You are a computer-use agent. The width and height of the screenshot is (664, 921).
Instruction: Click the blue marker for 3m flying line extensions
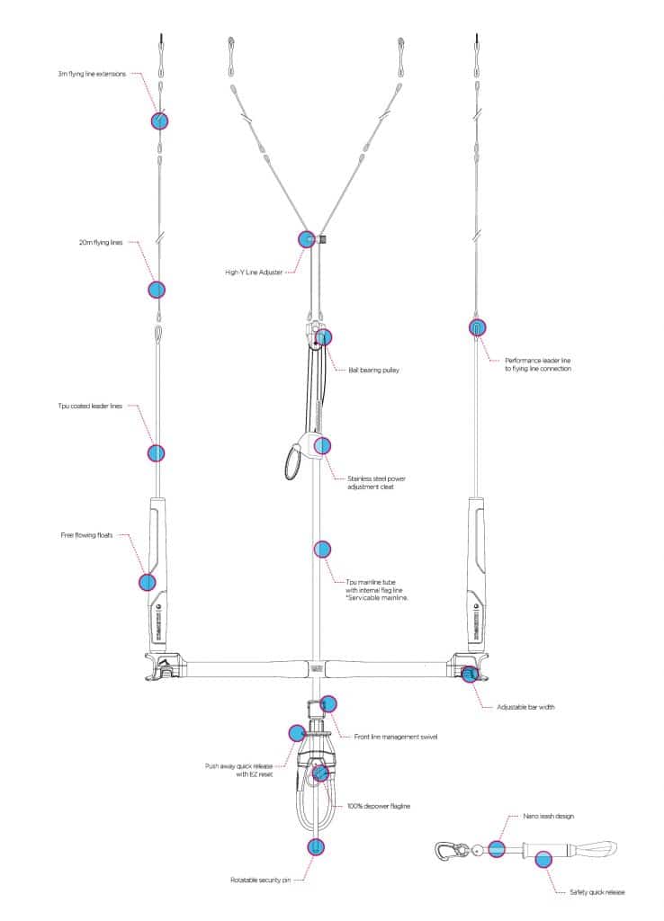click(x=159, y=121)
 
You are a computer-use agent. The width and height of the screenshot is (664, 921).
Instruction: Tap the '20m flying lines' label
click(x=101, y=243)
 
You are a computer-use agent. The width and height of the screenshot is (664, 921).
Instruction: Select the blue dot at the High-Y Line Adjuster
click(x=307, y=239)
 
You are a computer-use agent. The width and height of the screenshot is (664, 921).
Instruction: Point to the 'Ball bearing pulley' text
click(x=373, y=370)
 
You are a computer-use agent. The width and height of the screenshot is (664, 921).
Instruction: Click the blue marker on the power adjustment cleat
click(x=322, y=446)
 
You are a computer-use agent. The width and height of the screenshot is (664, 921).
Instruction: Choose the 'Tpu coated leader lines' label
click(x=90, y=406)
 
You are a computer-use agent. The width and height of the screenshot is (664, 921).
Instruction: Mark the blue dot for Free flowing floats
click(x=148, y=582)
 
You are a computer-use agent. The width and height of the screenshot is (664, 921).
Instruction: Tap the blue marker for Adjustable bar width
click(x=469, y=674)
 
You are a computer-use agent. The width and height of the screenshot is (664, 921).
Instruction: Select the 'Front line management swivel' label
click(x=396, y=737)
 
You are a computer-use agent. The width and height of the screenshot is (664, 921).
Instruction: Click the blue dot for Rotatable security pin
click(x=316, y=847)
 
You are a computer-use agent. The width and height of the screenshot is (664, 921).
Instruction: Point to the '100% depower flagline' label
click(x=379, y=806)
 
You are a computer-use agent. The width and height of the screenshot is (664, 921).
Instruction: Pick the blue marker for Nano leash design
click(x=497, y=849)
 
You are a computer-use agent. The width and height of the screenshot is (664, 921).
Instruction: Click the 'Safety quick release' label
click(x=597, y=892)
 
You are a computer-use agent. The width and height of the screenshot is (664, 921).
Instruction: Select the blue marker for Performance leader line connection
click(x=477, y=327)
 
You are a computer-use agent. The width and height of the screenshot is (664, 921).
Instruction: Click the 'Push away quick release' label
click(x=238, y=766)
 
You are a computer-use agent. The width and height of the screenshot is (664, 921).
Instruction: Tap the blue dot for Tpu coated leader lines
click(x=156, y=453)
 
